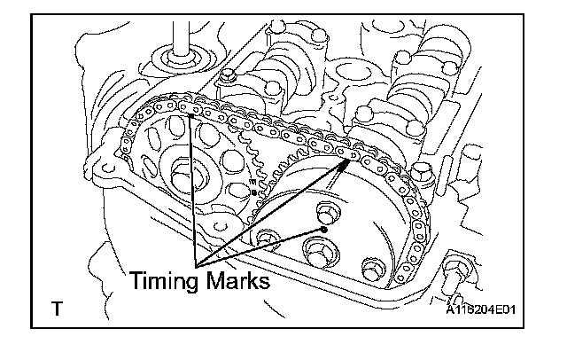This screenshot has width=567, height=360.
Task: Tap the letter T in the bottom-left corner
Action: [57, 309]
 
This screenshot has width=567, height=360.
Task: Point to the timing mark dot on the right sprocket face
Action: [326, 230]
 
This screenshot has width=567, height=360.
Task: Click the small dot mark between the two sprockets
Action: [255, 192]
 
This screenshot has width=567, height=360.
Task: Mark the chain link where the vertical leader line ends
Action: [190, 113]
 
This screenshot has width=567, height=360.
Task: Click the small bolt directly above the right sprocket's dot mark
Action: [325, 213]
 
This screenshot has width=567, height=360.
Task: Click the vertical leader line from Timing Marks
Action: [192, 186]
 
